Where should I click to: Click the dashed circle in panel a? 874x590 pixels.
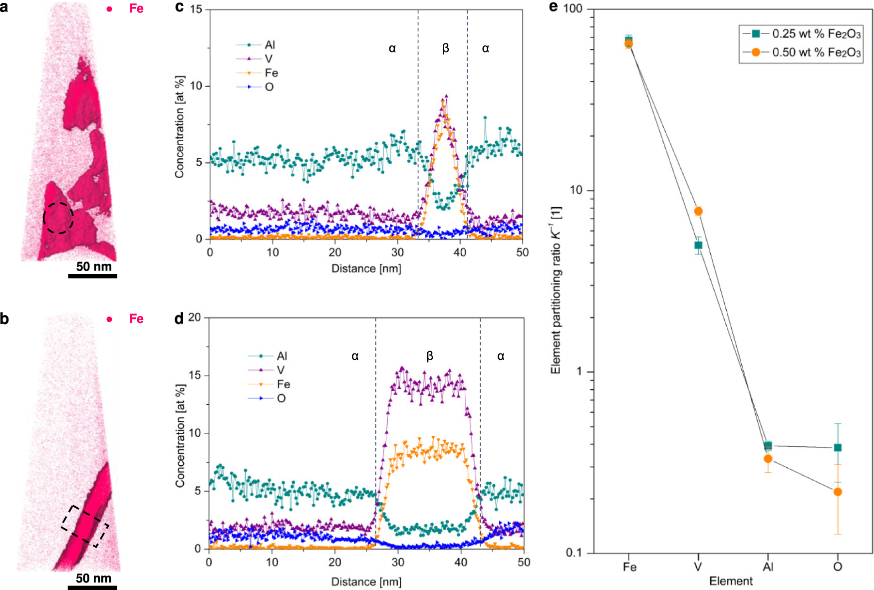coord(58,218)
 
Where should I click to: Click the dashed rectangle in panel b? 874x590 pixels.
coord(85,526)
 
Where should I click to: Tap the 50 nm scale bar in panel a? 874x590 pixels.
coord(92,276)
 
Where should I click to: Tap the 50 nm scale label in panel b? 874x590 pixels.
coord(93,578)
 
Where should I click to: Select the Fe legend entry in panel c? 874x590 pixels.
coord(271,73)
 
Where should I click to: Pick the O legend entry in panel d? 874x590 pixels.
coord(281,398)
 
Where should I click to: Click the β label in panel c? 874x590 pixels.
coord(445,48)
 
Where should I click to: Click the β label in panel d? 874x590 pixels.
coord(430,356)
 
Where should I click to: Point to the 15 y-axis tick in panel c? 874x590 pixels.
coord(196,9)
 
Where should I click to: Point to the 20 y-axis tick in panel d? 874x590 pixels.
coord(194,317)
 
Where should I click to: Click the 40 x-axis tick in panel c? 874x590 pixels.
coord(460,253)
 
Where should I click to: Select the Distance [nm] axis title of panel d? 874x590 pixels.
coord(366,582)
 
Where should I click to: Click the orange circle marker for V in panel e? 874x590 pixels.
coord(698,211)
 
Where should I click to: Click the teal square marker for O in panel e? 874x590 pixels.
coord(838,448)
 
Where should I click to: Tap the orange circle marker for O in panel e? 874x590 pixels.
coord(838,492)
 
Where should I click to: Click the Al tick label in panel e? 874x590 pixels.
coord(768,567)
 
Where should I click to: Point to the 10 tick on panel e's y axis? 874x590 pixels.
coord(577,190)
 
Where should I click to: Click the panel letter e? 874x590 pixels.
coord(553,7)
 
